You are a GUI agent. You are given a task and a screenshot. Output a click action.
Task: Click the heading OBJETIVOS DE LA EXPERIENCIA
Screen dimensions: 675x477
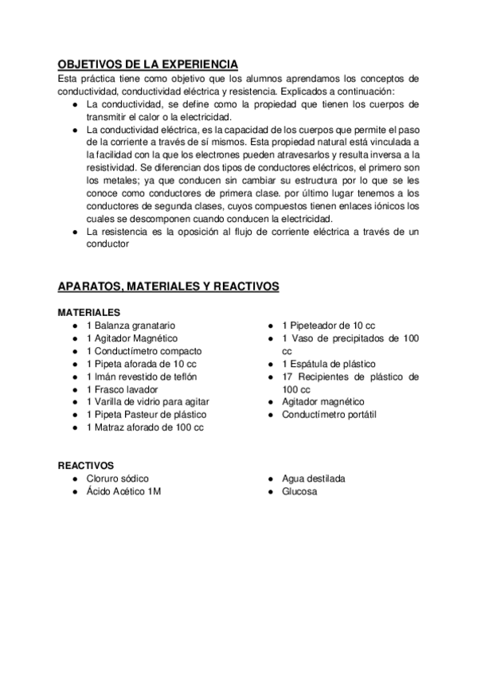coord(147,64)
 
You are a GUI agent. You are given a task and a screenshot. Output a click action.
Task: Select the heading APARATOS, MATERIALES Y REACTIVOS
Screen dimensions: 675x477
coord(168,286)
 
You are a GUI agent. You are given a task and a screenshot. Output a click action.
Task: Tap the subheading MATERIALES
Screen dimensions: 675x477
coord(89,312)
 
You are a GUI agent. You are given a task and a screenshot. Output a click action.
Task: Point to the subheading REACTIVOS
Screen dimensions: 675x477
coord(86,465)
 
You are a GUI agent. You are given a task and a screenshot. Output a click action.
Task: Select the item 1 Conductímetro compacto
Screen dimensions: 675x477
coord(143,351)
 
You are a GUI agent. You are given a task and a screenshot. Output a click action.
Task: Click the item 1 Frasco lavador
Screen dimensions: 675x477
coord(122,389)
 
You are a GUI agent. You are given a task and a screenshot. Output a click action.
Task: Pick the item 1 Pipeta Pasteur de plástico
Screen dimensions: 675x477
coord(146,415)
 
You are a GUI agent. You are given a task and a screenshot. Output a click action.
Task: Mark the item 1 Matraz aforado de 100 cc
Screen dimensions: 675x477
coord(145,427)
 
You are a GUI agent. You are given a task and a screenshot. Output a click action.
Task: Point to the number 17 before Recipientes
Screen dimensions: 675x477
coord(287,377)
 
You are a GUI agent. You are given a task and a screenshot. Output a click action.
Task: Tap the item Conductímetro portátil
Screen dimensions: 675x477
coord(329,415)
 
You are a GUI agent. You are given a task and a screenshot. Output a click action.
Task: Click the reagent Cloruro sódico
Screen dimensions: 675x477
coord(117,478)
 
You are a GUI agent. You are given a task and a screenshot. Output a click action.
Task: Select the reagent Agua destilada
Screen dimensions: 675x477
coord(313,478)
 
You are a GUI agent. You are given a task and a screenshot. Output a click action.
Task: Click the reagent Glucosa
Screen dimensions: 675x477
coord(299,491)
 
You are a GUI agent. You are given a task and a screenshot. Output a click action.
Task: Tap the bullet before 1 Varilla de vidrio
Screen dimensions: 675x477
coord(74,402)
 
